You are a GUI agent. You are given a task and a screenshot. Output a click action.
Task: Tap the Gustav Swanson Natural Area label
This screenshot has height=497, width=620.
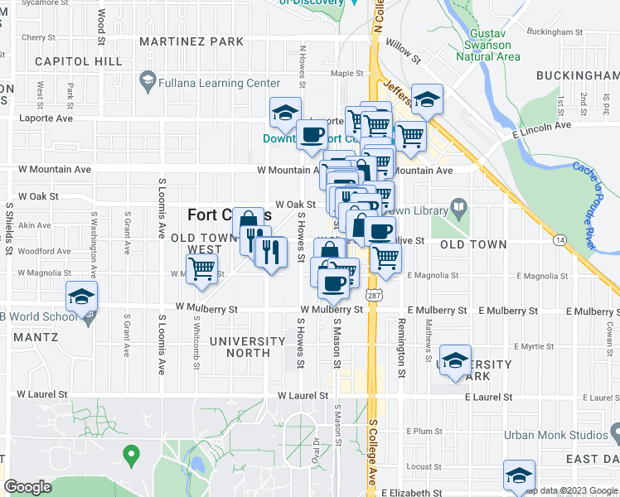[489, 46]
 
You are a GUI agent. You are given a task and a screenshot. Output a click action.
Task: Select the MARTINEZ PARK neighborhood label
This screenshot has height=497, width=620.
[191, 41]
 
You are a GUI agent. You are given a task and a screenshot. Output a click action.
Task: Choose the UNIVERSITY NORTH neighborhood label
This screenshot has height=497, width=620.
[247, 346]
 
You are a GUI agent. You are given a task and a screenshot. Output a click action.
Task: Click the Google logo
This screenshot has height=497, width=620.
[27, 487]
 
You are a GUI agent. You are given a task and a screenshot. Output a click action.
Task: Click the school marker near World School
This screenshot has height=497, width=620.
[82, 297]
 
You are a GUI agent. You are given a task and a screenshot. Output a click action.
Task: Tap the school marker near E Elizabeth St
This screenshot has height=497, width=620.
[520, 475]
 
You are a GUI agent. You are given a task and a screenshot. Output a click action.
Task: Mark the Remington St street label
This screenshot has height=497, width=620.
[401, 348]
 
